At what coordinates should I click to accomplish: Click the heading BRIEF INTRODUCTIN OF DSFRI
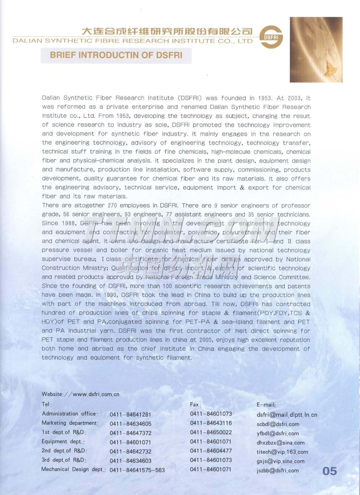(116, 55)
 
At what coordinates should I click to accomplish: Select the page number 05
(330, 471)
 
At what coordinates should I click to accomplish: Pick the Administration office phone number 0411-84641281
(130, 414)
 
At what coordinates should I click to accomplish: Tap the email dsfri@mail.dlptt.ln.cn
(287, 415)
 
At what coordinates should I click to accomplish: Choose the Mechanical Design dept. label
(73, 469)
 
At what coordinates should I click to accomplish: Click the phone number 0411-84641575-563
(137, 470)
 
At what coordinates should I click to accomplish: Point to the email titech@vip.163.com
(282, 452)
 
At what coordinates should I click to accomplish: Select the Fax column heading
(196, 404)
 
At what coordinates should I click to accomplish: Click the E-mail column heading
(266, 404)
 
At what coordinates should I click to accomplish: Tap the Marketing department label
(70, 423)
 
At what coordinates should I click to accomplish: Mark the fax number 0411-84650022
(211, 432)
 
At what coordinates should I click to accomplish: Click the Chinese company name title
(167, 31)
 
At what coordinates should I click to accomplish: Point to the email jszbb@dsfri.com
(278, 470)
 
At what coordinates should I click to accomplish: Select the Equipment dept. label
(63, 442)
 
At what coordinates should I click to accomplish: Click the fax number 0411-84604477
(211, 451)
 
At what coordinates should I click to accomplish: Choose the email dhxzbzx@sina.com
(280, 443)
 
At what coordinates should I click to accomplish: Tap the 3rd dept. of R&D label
(64, 460)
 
